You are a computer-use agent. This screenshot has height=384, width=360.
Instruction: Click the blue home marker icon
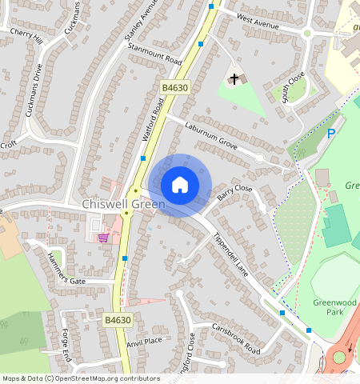[x=180, y=185]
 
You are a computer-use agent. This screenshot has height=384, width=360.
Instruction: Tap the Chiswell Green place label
[x=123, y=205]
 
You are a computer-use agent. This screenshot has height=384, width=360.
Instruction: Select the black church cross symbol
[x=234, y=78]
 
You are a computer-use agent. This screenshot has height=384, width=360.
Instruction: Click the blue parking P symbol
[x=330, y=134]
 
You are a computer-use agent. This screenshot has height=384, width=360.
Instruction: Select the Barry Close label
[x=234, y=194]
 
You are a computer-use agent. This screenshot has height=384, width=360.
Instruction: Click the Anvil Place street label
[x=144, y=342]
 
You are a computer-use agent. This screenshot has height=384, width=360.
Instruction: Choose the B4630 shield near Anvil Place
[x=117, y=320]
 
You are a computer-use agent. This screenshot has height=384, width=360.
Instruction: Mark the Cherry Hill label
[x=26, y=36]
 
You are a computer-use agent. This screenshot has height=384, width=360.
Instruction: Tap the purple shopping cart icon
[x=102, y=237]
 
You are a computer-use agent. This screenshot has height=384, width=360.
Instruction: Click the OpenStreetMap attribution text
[x=81, y=378]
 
